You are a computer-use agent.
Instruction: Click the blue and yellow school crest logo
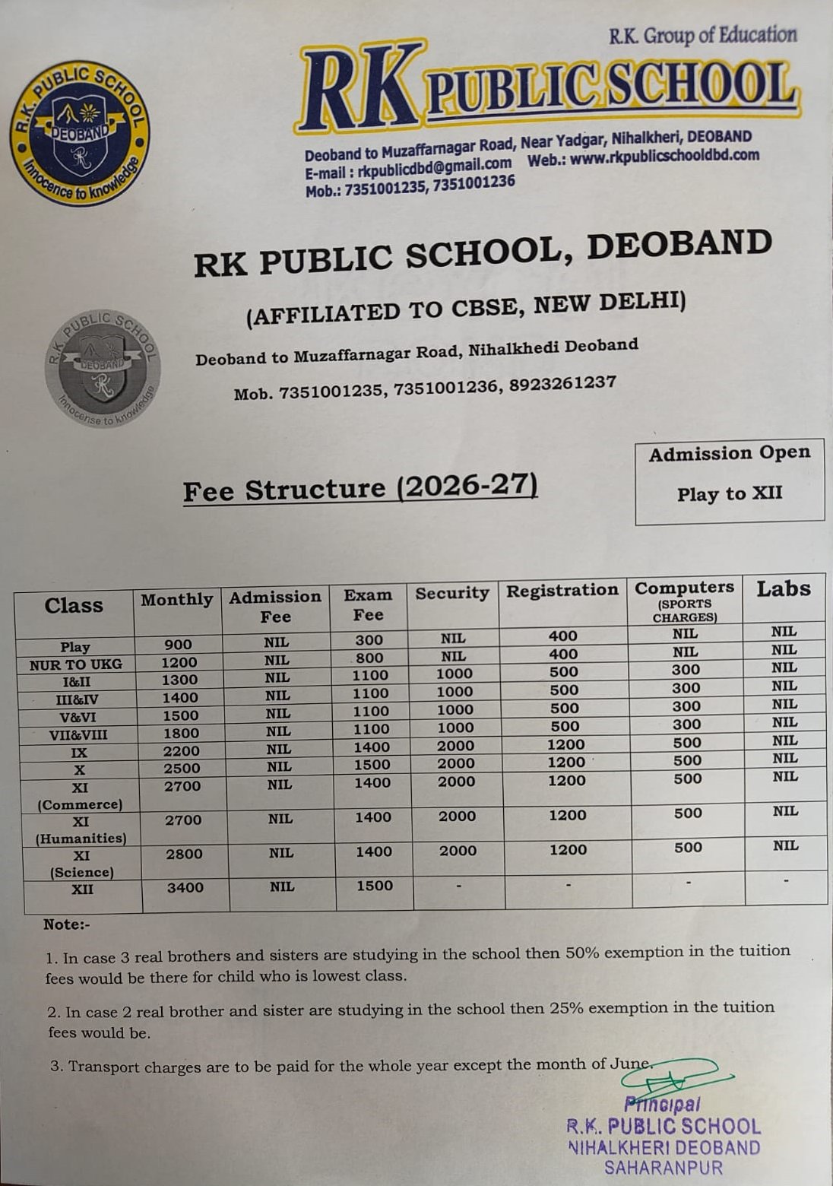point(80,133)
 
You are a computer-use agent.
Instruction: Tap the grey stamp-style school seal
point(103,368)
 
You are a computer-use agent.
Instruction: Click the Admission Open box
point(729,481)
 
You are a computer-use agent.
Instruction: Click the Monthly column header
point(177,600)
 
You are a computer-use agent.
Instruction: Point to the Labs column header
point(783,588)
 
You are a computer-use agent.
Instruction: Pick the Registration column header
point(562,591)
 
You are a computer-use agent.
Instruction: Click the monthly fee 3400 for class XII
point(185,887)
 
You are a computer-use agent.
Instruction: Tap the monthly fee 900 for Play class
point(179,645)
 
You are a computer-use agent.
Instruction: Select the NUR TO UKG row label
point(76,664)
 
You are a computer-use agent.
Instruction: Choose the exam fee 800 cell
point(369,658)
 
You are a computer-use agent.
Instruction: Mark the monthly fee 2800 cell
point(184,854)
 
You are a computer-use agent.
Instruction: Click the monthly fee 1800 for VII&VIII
point(181,733)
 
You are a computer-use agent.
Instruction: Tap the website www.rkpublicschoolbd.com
point(664,157)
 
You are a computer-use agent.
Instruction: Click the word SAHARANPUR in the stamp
point(663,1168)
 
